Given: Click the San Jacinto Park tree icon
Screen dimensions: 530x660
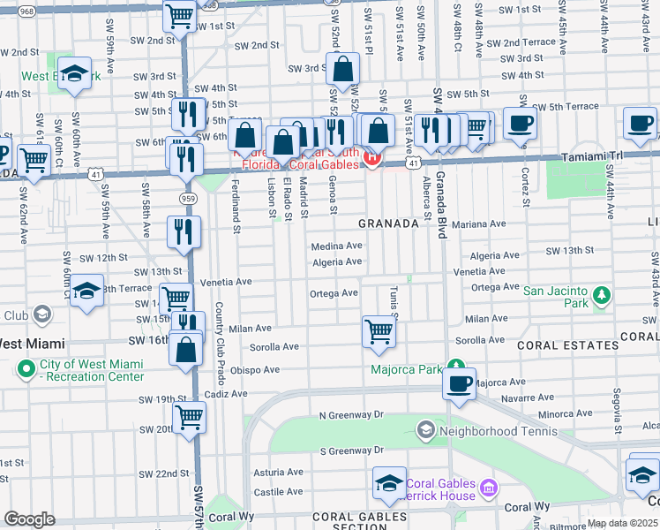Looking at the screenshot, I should click(x=602, y=295).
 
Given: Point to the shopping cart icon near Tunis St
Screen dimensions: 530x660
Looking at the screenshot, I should click(x=378, y=331).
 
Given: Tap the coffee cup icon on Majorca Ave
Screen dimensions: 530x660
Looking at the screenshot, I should click(x=459, y=383).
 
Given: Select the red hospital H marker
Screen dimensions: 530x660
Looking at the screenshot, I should click(x=372, y=159).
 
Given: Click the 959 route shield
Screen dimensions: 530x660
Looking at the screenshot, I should click(x=186, y=199).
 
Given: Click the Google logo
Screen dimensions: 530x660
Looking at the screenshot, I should click(x=29, y=519).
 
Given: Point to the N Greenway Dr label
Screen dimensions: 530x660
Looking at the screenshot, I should click(x=352, y=414).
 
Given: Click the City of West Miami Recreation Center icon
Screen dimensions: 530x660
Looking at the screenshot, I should click(x=27, y=368).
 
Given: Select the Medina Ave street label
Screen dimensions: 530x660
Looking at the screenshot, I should click(x=336, y=246).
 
